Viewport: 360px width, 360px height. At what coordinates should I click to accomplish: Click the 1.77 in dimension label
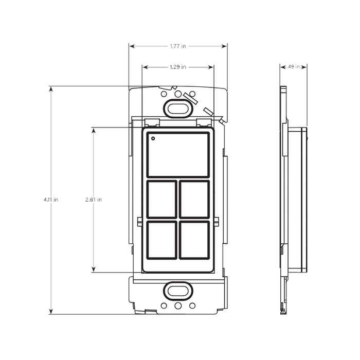click(x=178, y=46)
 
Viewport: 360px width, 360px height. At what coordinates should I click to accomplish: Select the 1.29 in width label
click(x=178, y=67)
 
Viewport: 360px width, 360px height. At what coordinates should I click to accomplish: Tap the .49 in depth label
click(x=294, y=67)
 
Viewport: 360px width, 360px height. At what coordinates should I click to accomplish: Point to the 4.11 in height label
click(x=51, y=200)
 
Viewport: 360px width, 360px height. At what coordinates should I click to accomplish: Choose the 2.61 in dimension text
click(x=94, y=200)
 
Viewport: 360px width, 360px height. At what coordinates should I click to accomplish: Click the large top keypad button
click(x=178, y=154)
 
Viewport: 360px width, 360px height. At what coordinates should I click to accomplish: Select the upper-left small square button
click(x=162, y=199)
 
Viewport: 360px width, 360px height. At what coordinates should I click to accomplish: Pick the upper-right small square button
click(x=194, y=199)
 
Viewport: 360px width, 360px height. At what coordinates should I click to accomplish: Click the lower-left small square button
click(x=162, y=240)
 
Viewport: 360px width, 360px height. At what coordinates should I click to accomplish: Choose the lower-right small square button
click(x=194, y=240)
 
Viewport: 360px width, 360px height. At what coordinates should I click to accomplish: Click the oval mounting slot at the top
click(x=178, y=108)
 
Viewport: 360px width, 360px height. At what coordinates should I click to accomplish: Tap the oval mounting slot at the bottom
click(x=178, y=291)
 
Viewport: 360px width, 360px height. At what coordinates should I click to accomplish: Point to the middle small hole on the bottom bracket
click(x=178, y=305)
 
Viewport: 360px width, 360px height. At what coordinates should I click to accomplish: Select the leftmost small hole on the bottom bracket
click(x=164, y=305)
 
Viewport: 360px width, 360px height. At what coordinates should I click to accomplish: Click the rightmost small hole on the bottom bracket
click(x=192, y=305)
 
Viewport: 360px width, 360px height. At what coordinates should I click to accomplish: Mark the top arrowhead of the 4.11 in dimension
click(x=51, y=89)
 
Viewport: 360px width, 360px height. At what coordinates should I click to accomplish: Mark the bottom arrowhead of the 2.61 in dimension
click(x=94, y=269)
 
